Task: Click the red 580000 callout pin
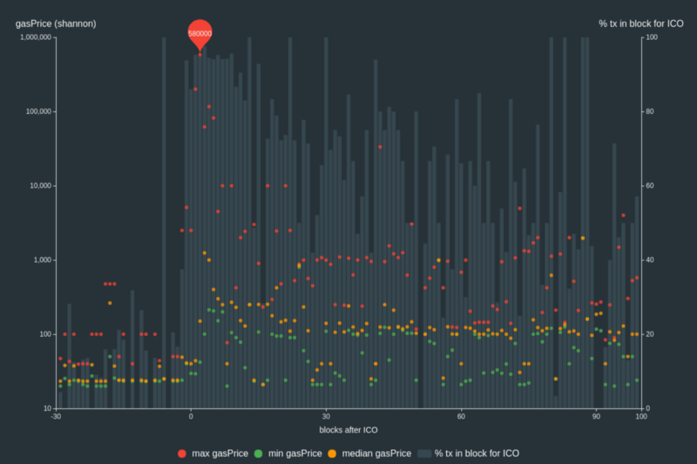tap(200, 33)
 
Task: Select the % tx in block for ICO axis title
tap(640, 24)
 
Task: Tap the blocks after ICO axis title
tap(349, 430)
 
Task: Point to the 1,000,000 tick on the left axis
tap(36, 37)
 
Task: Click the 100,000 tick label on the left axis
tap(38, 111)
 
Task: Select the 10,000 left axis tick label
tap(40, 185)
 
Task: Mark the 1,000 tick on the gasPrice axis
tap(42, 260)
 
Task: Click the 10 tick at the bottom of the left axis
tap(46, 408)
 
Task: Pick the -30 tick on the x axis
tap(56, 417)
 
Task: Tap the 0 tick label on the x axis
tap(191, 417)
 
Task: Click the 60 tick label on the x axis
tap(461, 417)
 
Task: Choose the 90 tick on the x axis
tap(596, 417)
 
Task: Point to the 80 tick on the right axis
tap(650, 111)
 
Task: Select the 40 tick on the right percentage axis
tap(650, 260)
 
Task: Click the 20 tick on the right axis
tap(650, 334)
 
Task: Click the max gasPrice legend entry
tap(213, 454)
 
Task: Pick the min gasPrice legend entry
tap(288, 454)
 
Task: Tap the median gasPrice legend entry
tap(369, 454)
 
